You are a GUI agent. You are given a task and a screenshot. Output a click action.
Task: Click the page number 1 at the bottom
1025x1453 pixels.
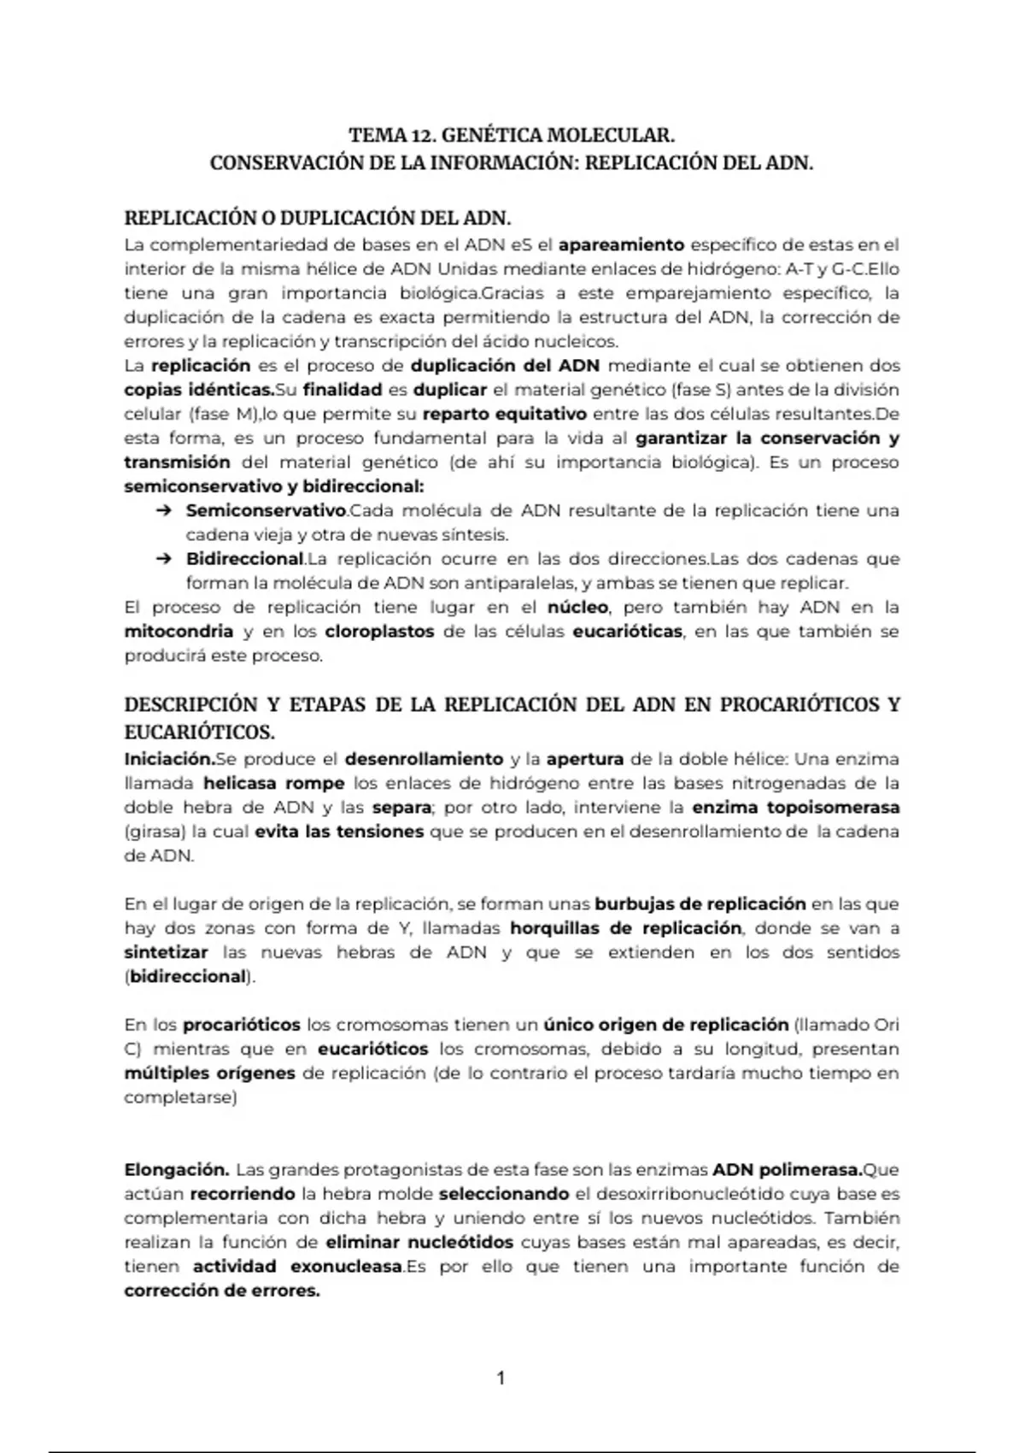pyautogui.click(x=501, y=1378)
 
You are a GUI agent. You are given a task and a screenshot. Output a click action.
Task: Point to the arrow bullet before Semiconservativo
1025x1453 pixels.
pyautogui.click(x=162, y=511)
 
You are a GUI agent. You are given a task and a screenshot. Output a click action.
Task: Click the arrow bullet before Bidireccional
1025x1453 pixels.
pyautogui.click(x=162, y=560)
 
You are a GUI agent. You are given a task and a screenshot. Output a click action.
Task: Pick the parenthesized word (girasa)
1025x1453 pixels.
pyautogui.click(x=155, y=832)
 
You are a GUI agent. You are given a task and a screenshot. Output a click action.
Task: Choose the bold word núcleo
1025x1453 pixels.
pyautogui.click(x=577, y=608)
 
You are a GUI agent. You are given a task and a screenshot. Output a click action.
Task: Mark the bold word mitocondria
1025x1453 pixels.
pyautogui.click(x=179, y=632)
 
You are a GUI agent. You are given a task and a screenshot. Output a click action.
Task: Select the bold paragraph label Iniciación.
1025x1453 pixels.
pyautogui.click(x=169, y=759)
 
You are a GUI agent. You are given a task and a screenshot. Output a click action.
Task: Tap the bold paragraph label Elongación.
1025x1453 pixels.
pyautogui.click(x=176, y=1169)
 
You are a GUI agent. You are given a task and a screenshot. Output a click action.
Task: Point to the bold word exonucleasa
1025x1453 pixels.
pyautogui.click(x=346, y=1267)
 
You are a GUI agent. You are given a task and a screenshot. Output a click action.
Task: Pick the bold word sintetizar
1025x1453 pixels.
pyautogui.click(x=166, y=952)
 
